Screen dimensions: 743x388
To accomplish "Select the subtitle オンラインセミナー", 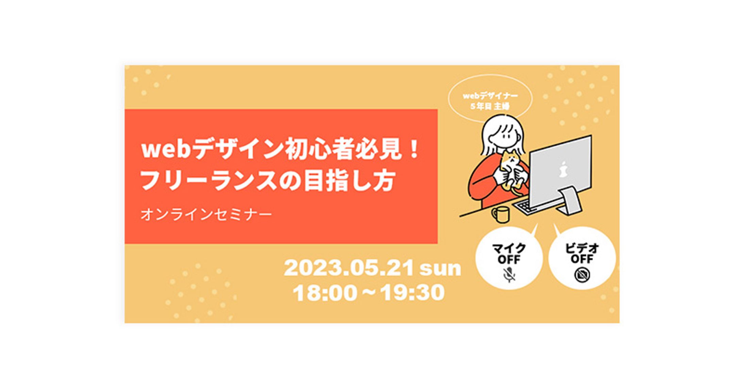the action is click(x=206, y=214).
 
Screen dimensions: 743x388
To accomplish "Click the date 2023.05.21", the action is click(x=349, y=268).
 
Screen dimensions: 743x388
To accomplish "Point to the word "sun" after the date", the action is click(x=440, y=269).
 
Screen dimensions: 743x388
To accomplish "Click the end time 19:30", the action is click(x=412, y=293).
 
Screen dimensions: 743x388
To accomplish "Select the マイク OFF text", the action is click(x=509, y=254).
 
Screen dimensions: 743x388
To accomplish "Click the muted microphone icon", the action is click(x=509, y=275).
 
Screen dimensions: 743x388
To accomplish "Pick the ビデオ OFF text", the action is click(x=582, y=253).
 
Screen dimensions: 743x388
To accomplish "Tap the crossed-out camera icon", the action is click(x=582, y=275).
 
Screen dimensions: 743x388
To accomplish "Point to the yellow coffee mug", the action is click(x=500, y=214).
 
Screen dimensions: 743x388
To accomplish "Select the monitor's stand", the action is click(x=570, y=201).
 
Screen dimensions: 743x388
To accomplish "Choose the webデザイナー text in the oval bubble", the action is click(x=490, y=96).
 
